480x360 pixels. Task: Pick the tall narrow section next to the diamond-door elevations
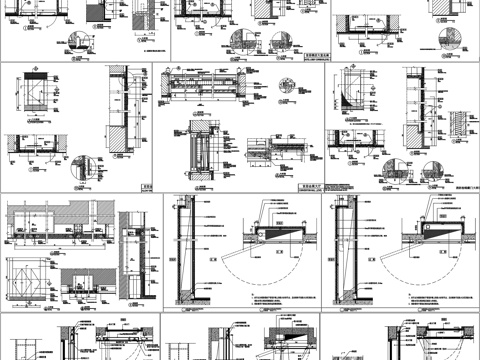tap(133, 255)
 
